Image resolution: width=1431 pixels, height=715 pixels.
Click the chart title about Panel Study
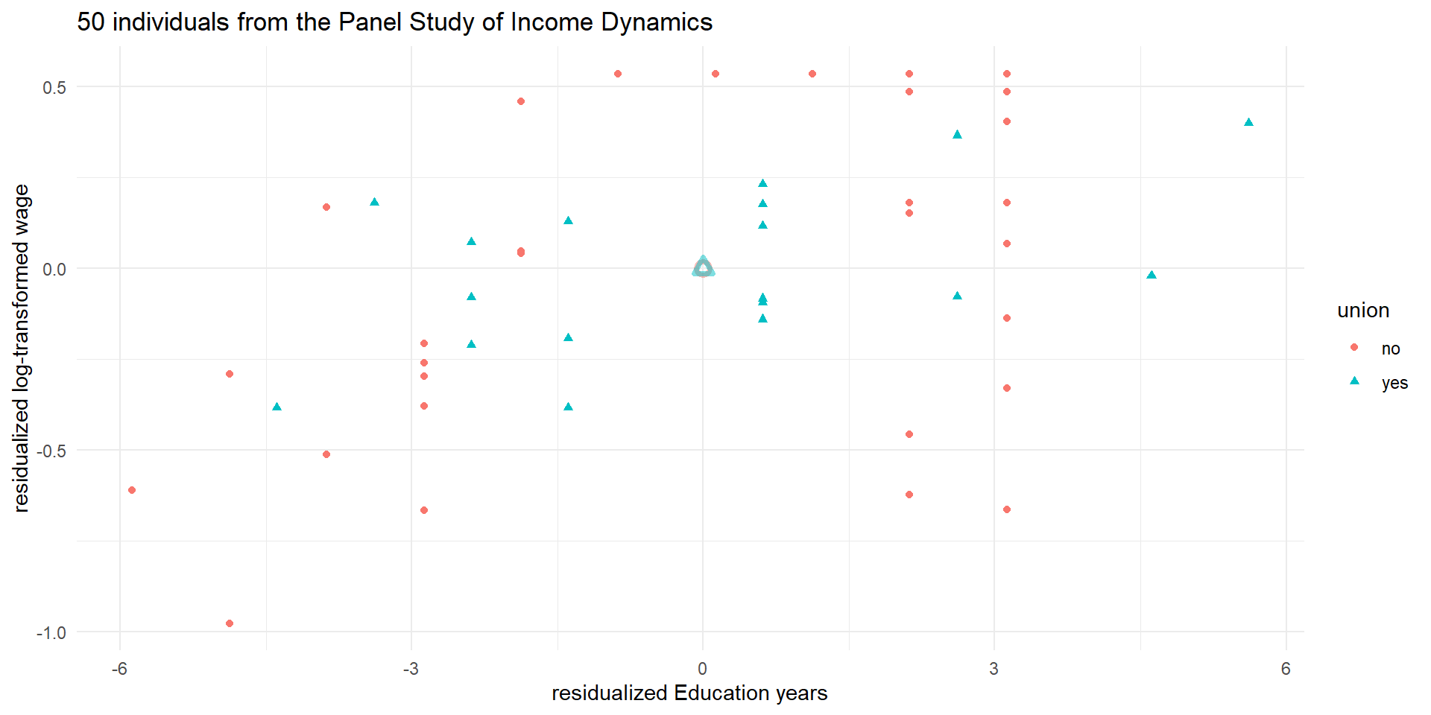point(394,22)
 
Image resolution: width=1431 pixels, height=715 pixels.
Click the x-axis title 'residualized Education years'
point(689,693)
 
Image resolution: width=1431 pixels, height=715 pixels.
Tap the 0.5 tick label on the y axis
point(54,88)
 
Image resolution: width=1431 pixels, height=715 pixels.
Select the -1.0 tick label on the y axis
point(51,633)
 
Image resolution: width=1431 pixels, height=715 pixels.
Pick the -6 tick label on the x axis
point(119,669)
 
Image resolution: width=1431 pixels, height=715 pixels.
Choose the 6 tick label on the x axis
point(1286,669)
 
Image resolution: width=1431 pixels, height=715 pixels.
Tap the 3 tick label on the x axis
point(994,669)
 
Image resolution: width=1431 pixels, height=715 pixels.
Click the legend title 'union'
point(1363,311)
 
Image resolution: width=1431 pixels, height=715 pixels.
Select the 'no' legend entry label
point(1390,349)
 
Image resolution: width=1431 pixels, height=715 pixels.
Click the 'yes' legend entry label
point(1394,383)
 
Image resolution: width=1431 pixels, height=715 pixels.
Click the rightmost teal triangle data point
point(1248,122)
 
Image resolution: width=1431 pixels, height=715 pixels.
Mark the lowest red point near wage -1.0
point(230,623)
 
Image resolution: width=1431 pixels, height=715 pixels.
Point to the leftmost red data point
point(132,490)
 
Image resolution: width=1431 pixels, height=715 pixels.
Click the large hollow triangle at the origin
point(703,267)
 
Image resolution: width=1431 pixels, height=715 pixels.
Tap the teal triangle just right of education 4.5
point(1152,275)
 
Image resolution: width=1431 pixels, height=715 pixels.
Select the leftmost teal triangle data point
point(277,407)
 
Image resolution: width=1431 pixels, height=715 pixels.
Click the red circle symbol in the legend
point(1354,348)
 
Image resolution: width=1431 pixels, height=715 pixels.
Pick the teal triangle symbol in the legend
point(1354,381)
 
